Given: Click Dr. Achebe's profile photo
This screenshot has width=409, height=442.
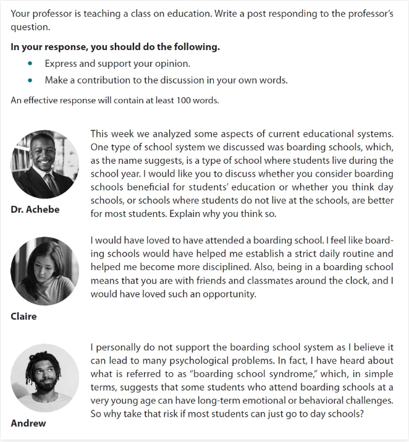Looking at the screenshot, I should tap(44, 164).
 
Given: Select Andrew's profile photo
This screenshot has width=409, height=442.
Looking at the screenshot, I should tap(44, 378).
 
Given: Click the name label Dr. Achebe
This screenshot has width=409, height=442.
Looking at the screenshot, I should tap(35, 210).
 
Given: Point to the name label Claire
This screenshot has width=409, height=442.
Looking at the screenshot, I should tap(23, 317).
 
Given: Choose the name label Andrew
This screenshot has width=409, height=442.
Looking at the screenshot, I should tap(28, 423).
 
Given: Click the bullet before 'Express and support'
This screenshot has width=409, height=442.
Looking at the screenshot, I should tap(30, 64).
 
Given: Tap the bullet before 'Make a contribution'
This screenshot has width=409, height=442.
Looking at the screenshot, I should tap(30, 80).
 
